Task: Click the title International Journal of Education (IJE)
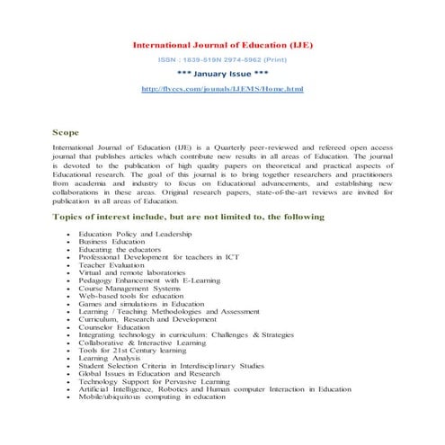(x=222, y=44)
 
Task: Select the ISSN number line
(x=222, y=59)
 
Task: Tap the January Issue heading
(x=222, y=75)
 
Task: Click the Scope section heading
(x=67, y=131)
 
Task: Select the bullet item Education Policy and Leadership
(x=135, y=233)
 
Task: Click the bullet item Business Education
(x=111, y=241)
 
